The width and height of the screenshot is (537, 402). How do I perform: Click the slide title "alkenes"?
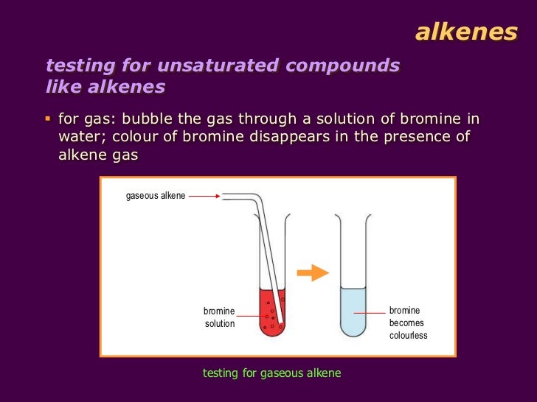coord(465,32)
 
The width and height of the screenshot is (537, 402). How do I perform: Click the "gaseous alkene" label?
coord(156,196)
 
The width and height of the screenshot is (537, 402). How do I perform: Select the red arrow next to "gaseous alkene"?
coord(205,196)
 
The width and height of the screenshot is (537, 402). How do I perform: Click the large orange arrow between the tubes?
coord(312,272)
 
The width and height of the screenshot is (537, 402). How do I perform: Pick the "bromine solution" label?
coord(219,317)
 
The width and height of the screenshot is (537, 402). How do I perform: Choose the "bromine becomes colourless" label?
coord(408,323)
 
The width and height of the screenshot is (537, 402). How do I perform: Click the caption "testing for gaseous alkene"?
coord(271,373)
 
